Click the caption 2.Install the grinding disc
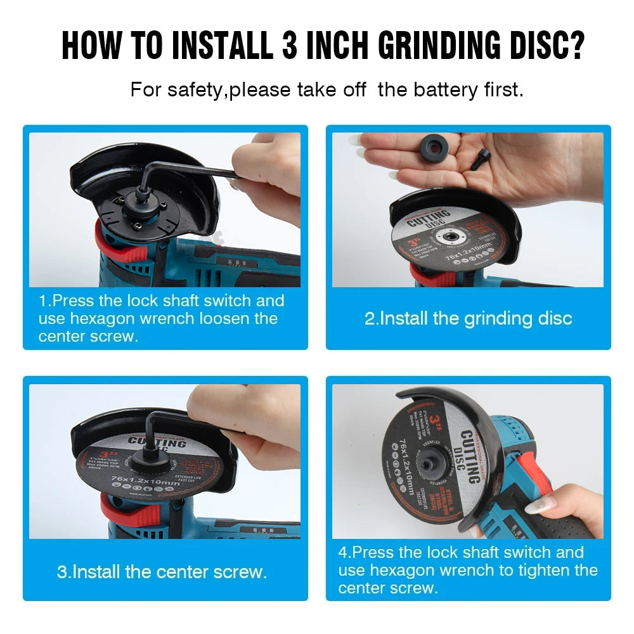468,318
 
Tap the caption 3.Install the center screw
162,572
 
